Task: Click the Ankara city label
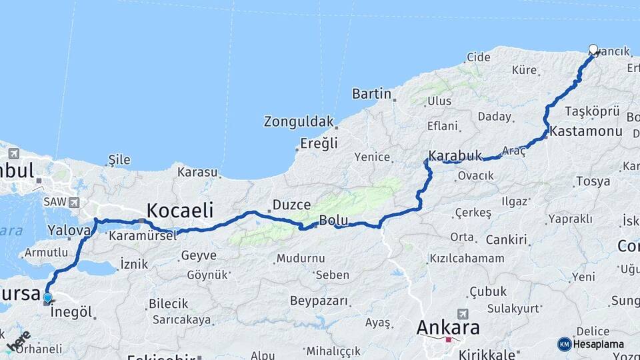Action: point(448,327)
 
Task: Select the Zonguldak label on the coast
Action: point(298,121)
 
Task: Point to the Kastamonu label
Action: point(586,131)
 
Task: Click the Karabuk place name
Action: point(455,155)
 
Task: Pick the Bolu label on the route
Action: point(334,220)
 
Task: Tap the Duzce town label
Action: point(291,205)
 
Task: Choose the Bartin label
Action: point(371,93)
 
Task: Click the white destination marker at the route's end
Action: point(593,49)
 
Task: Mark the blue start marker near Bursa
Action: point(47,298)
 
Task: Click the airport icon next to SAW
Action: point(73,202)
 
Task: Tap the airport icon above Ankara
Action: point(463,313)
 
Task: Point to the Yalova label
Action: point(69,231)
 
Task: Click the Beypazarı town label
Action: point(319,301)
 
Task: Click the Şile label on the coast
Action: point(119,159)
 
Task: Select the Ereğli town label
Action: point(319,143)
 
